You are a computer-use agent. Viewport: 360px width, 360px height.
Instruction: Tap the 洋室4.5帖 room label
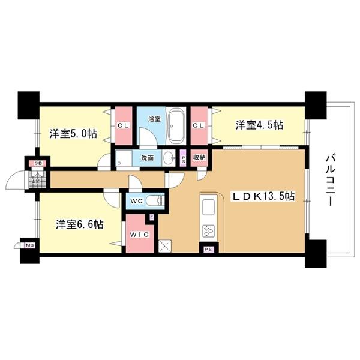pyautogui.click(x=259, y=125)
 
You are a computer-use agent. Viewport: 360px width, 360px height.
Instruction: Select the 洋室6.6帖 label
pyautogui.click(x=80, y=224)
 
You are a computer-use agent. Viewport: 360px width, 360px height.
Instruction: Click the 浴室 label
pyautogui.click(x=154, y=119)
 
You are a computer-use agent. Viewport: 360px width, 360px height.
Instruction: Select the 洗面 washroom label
pyautogui.click(x=148, y=158)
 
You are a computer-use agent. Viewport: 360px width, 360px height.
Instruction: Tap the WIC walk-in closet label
pyautogui.click(x=139, y=235)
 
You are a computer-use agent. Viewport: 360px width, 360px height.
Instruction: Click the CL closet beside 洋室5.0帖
pyautogui.click(x=124, y=125)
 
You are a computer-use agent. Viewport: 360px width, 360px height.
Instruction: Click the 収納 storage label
pyautogui.click(x=200, y=157)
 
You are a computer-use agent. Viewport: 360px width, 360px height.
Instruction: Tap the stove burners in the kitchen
pyautogui.click(x=209, y=231)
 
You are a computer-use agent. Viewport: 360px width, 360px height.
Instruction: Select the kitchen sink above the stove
pyautogui.click(x=209, y=207)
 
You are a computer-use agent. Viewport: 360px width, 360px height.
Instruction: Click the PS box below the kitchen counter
pyautogui.click(x=209, y=248)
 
